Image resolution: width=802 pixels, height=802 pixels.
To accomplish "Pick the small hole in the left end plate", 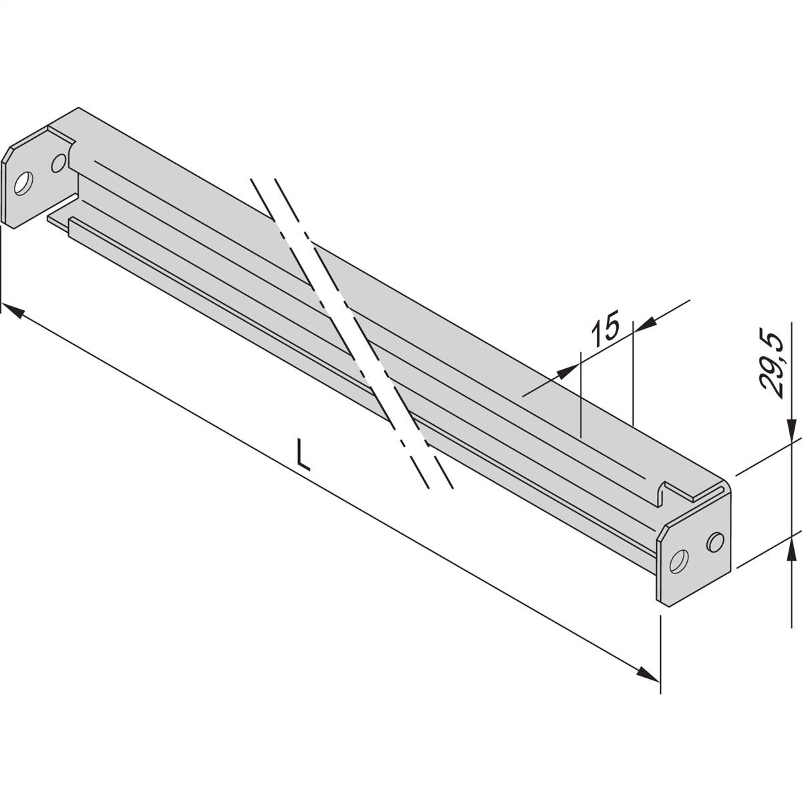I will pyautogui.click(x=59, y=162).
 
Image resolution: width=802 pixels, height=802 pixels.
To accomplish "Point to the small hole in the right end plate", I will pyautogui.click(x=714, y=541).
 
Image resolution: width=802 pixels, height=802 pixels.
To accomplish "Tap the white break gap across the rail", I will pyautogui.click(x=354, y=327).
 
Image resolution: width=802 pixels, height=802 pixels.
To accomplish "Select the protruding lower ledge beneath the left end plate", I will pyautogui.click(x=59, y=221).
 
